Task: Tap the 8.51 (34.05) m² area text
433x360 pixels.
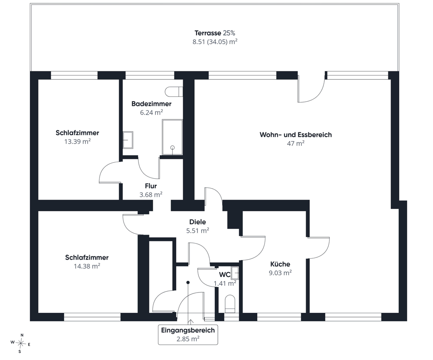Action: [215, 42]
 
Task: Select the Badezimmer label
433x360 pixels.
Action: [151, 104]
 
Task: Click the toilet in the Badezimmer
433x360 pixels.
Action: [174, 92]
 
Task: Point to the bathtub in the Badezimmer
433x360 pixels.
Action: [172, 137]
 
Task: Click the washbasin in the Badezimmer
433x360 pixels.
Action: [128, 140]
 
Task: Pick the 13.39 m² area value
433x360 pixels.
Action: [78, 141]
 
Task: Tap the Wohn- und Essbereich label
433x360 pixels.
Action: [295, 135]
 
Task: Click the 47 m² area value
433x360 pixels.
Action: [295, 144]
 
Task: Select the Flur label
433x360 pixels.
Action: [151, 186]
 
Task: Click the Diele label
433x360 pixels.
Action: [197, 222]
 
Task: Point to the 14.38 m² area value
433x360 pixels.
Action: [87, 266]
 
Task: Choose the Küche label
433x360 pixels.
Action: [280, 264]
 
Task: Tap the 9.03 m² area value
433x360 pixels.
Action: [280, 273]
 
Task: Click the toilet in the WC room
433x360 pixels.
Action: [230, 304]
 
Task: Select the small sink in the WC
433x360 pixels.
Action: [235, 273]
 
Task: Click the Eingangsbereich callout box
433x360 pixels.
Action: [188, 334]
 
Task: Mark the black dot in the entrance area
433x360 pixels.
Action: [188, 283]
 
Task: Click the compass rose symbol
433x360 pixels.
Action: [20, 344]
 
